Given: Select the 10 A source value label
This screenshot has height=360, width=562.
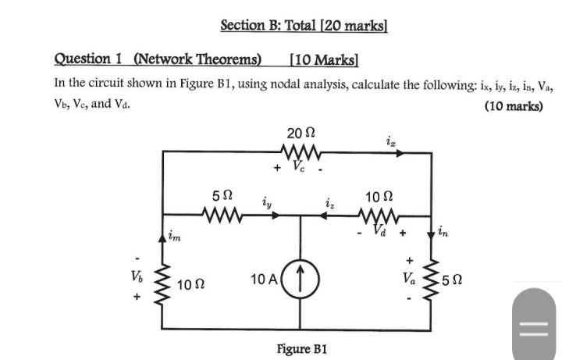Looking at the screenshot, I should pyautogui.click(x=265, y=280).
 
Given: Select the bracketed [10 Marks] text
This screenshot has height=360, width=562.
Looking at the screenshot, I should pyautogui.click(x=323, y=59).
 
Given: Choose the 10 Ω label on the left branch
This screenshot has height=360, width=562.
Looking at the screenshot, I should pyautogui.click(x=192, y=285).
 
